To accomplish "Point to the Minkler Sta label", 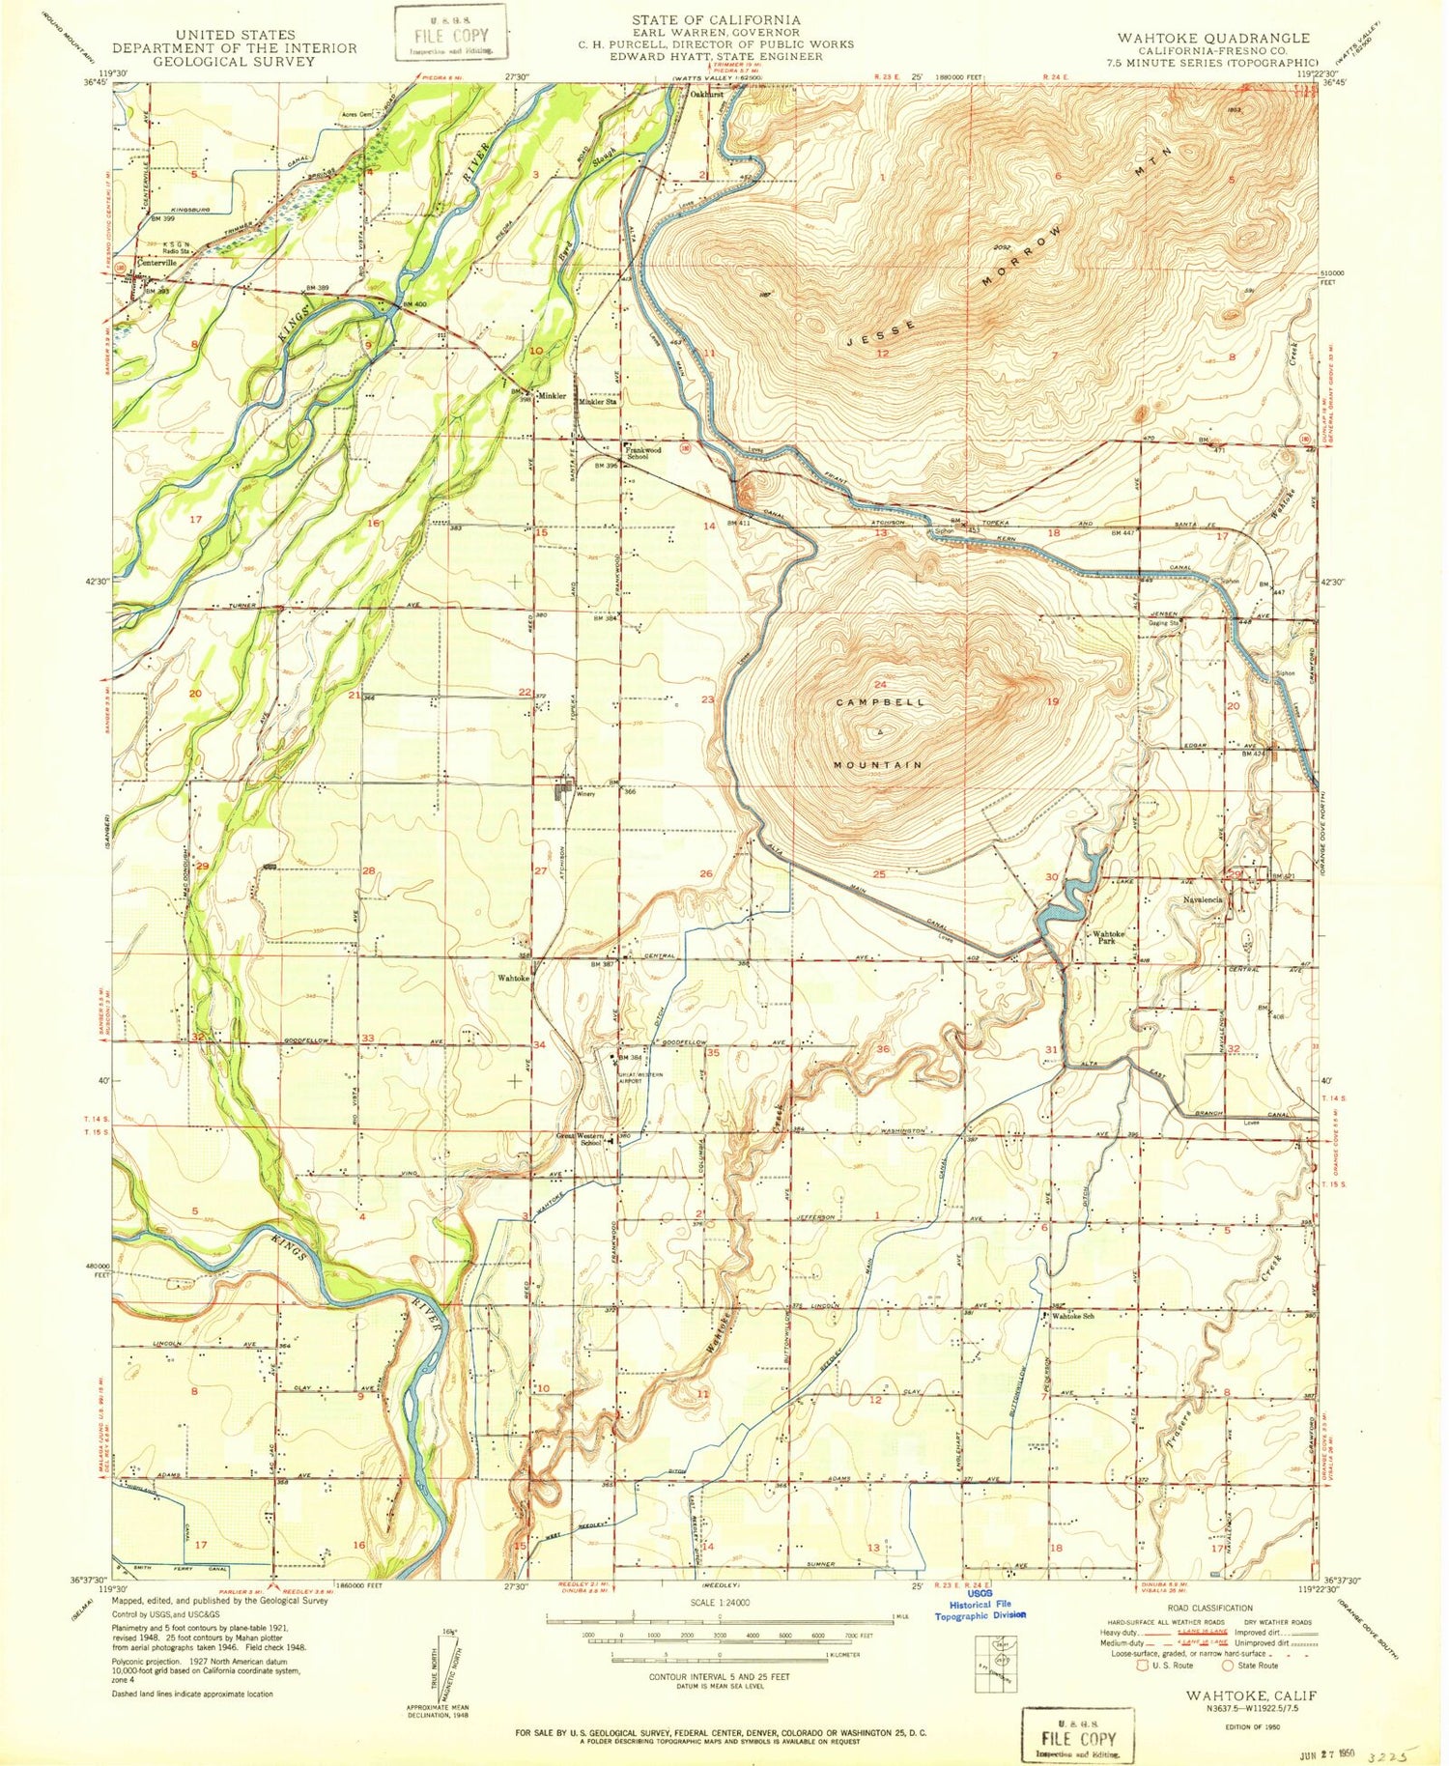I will [597, 401].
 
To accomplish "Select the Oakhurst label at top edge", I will [707, 95].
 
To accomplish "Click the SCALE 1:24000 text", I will [719, 1602].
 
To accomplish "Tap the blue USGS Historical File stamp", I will [980, 1609].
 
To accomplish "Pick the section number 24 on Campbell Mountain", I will [879, 684].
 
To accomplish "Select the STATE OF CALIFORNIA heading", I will [716, 19].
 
